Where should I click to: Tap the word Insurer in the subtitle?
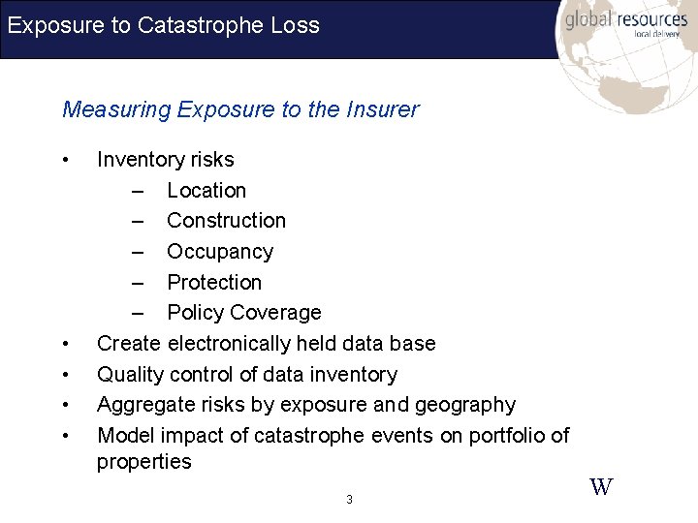click(382, 109)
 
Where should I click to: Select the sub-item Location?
click(206, 191)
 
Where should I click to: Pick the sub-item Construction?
click(226, 221)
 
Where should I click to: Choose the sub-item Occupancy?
click(220, 252)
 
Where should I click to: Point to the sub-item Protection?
click(214, 283)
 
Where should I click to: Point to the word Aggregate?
click(144, 405)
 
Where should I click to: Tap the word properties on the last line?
click(144, 462)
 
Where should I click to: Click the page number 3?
click(349, 500)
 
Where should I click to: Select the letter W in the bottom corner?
click(601, 487)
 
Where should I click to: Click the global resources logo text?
click(626, 20)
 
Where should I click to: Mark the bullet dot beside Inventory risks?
click(64, 160)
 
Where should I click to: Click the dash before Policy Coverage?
click(139, 313)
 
